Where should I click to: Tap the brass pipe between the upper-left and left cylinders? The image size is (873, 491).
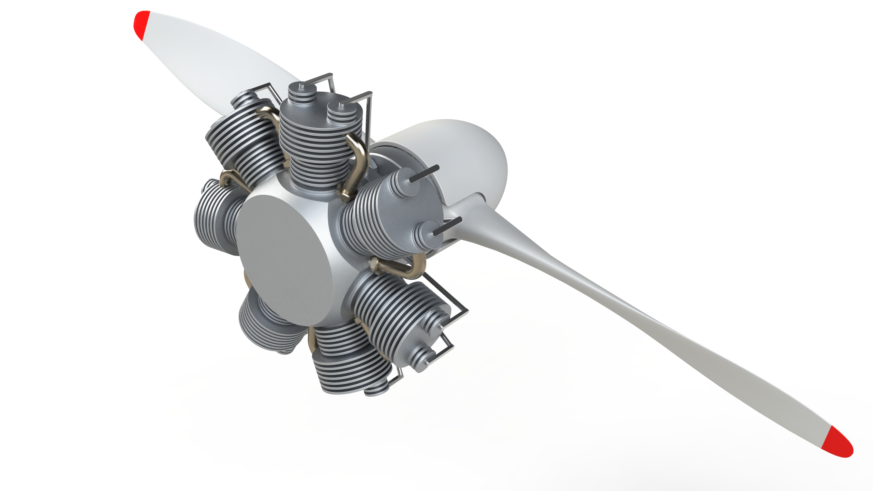pos(232,179)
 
